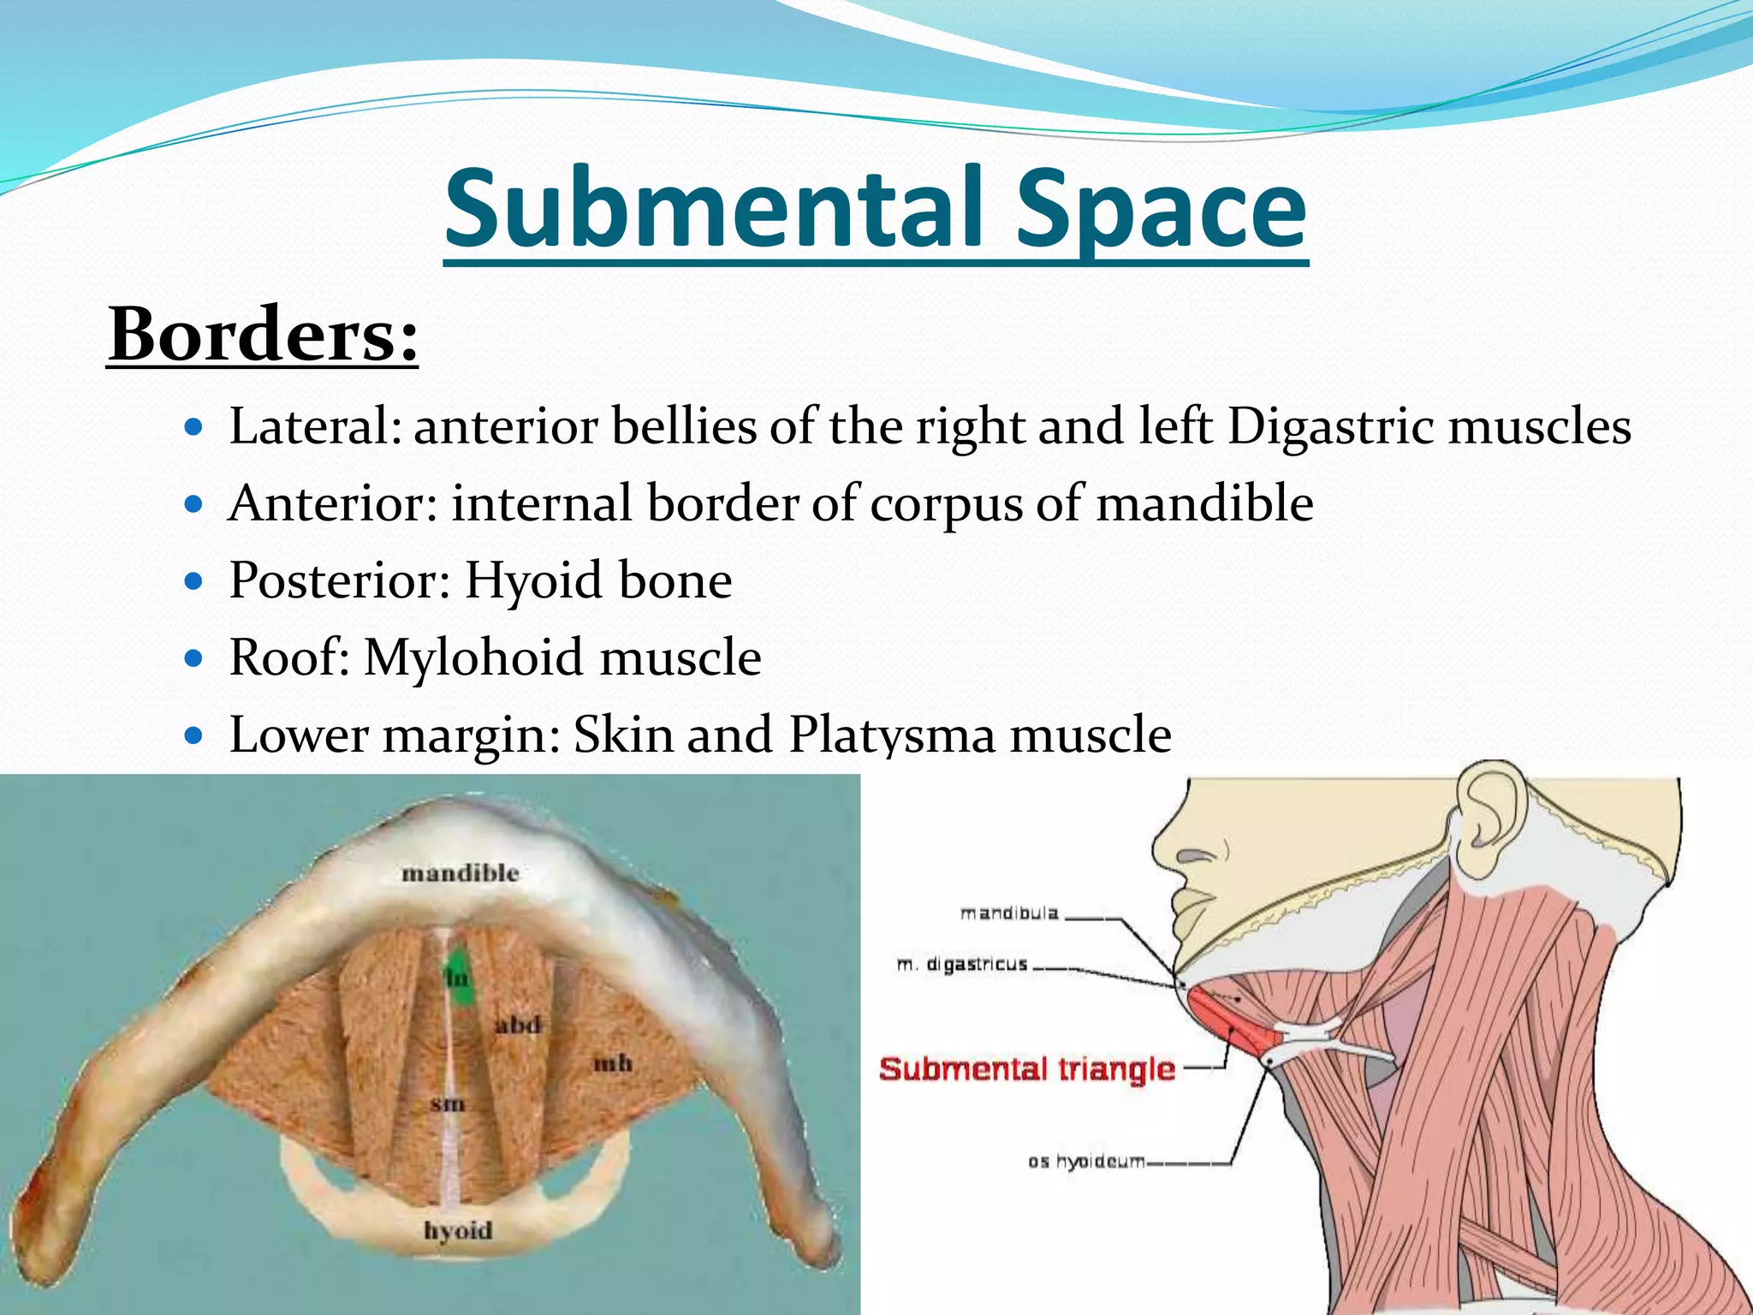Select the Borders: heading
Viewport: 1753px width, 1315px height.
tap(263, 335)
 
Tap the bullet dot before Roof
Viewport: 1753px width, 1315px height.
tap(194, 658)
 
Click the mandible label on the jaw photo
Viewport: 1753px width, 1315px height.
tap(461, 873)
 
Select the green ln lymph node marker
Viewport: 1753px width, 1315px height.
tap(459, 977)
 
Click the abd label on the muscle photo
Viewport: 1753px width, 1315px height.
tap(518, 1024)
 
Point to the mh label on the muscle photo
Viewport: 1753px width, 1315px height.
tap(613, 1063)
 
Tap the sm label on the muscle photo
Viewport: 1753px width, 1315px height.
tap(447, 1104)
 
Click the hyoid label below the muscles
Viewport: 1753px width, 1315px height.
tap(458, 1230)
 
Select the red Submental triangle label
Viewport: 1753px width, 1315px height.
tap(1026, 1068)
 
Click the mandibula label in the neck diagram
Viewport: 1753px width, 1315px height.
tap(1009, 913)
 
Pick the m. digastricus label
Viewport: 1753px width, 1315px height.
tap(961, 965)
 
